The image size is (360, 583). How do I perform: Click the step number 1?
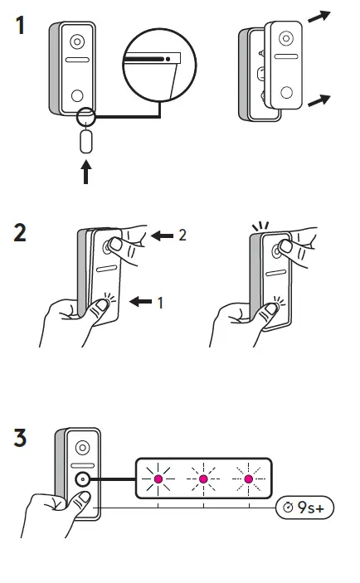tap(21, 26)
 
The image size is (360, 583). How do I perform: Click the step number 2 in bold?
tap(21, 231)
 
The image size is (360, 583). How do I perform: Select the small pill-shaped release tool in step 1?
tap(85, 140)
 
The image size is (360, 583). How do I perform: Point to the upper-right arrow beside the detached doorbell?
tap(320, 16)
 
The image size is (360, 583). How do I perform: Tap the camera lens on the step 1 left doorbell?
tap(77, 41)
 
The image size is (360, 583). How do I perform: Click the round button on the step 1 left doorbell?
tap(77, 95)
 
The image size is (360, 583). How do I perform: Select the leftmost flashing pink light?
tap(157, 479)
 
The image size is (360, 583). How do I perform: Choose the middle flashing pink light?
tap(203, 479)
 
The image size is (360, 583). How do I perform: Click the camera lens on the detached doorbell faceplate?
tap(286, 38)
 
